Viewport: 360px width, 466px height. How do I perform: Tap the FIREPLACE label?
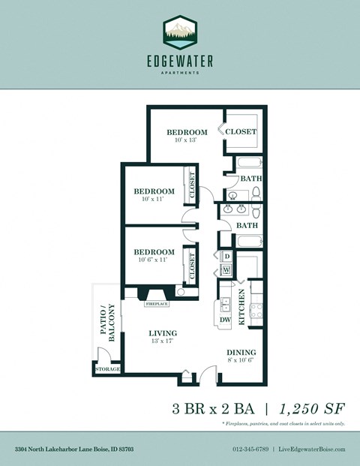157,305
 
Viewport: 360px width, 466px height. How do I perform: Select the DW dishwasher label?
225,319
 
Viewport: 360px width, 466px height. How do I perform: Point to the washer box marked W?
226,269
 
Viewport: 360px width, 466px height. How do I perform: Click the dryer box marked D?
226,255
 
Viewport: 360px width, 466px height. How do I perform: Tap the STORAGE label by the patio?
107,369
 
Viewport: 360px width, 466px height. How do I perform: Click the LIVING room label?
161,333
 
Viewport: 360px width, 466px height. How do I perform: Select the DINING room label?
241,352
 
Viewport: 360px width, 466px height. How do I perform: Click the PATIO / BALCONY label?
106,323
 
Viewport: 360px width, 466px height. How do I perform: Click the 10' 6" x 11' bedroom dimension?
154,259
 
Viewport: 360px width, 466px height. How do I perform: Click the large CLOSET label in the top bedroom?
241,131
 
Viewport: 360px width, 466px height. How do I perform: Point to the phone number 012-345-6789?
251,449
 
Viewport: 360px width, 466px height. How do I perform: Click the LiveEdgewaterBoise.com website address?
312,449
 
